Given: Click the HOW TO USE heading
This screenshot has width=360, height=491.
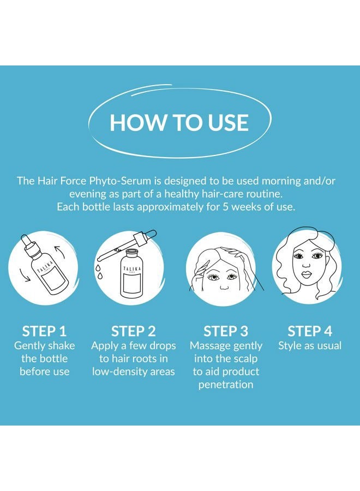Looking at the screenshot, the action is point(179,122).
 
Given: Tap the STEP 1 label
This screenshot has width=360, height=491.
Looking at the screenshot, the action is point(44,331).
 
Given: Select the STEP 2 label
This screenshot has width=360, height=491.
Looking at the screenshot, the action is point(133,331).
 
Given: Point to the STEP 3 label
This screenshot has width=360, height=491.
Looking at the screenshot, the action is point(225,331).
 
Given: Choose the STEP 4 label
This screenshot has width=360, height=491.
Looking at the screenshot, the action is point(310,331).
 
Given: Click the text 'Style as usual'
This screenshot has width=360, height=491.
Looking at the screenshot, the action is point(310,346).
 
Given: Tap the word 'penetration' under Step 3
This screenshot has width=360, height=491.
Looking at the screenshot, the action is point(226,385).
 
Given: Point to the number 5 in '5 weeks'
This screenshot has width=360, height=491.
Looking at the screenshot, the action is point(225,207).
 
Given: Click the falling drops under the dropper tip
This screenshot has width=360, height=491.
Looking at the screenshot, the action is point(99,272).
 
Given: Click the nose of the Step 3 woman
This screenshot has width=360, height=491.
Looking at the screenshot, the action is point(224,286).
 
